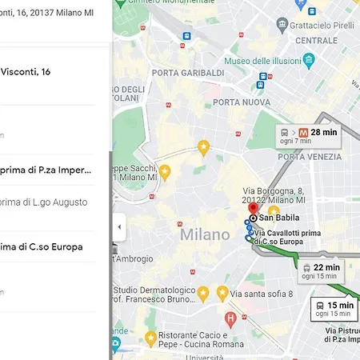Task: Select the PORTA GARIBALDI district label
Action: point(188,73)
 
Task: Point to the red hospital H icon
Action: point(230,320)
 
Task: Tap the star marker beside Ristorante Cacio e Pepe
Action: point(150,338)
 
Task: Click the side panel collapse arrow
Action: point(119,226)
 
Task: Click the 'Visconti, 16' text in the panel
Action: point(26,71)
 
